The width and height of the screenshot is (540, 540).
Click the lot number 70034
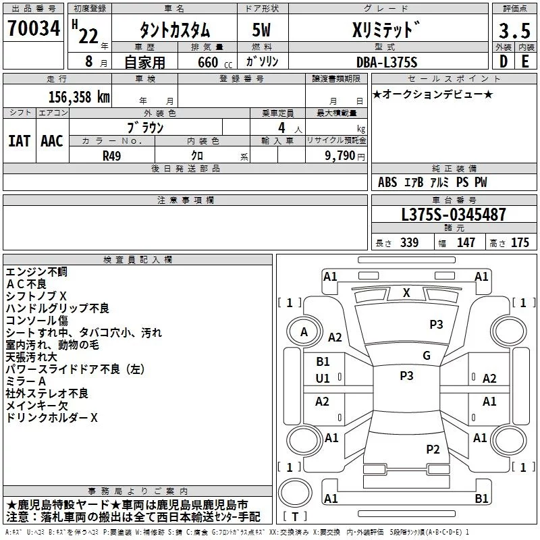pyautogui.click(x=34, y=28)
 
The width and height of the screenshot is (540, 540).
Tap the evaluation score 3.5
pyautogui.click(x=514, y=31)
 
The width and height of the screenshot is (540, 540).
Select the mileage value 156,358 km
pyautogui.click(x=79, y=97)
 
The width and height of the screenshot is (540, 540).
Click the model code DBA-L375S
pyautogui.click(x=387, y=62)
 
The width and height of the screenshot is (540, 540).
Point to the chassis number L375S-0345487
pyautogui.click(x=454, y=215)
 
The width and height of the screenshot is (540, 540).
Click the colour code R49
pyautogui.click(x=112, y=156)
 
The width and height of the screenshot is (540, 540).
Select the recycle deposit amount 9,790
pyautogui.click(x=340, y=156)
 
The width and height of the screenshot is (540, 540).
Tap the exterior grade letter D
pyautogui.click(x=504, y=61)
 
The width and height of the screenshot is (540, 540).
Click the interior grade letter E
pyautogui.click(x=525, y=61)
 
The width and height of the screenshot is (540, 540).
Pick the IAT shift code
pyautogui.click(x=20, y=141)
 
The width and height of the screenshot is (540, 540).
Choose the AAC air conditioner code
pyautogui.click(x=52, y=141)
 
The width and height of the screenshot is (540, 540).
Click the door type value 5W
pyautogui.click(x=261, y=30)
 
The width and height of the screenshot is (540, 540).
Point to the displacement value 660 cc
pyautogui.click(x=215, y=63)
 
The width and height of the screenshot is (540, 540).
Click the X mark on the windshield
pyautogui.click(x=406, y=293)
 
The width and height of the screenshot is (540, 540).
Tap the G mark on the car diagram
pyautogui.click(x=427, y=355)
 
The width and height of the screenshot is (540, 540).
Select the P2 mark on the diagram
pyautogui.click(x=433, y=449)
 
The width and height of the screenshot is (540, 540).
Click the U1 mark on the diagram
pyautogui.click(x=323, y=379)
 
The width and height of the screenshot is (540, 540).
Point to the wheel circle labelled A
pyautogui.click(x=304, y=331)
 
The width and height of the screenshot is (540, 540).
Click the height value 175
pyautogui.click(x=520, y=242)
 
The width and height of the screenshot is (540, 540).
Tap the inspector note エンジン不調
pyautogui.click(x=36, y=272)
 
